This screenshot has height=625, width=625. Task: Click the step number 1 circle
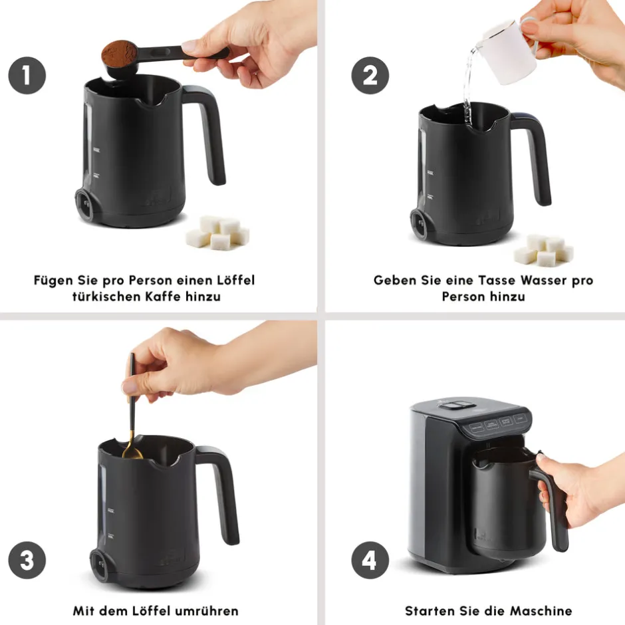click(x=27, y=76)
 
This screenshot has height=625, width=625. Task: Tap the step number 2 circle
click(x=370, y=76)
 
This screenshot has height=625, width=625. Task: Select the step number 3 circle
click(x=27, y=560)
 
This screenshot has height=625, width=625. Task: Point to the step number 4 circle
click(x=370, y=560)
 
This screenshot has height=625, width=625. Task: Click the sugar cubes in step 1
click(x=217, y=233)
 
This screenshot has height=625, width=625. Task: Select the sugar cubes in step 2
click(x=544, y=250)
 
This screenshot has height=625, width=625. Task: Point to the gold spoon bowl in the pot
click(x=132, y=452)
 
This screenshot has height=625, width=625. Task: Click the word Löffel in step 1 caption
click(x=235, y=280)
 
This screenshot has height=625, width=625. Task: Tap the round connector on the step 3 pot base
click(x=100, y=564)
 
